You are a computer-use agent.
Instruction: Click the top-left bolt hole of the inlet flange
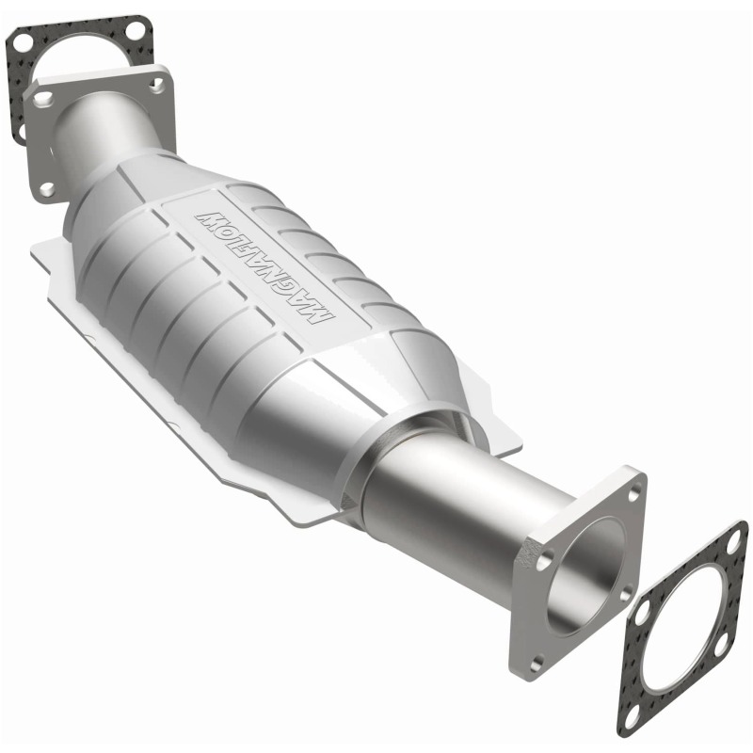click(x=42, y=95)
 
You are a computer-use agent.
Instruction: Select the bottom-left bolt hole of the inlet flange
click(x=46, y=188)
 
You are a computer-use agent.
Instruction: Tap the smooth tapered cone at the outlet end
click(x=358, y=405)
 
